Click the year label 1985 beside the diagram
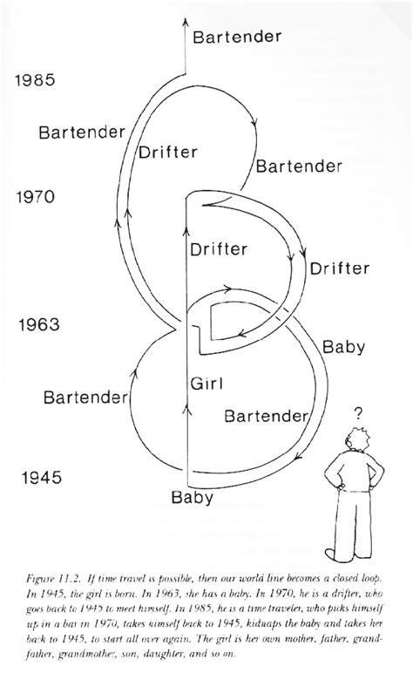tap(35, 80)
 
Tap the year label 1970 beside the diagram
tap(36, 197)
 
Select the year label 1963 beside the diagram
tap(38, 324)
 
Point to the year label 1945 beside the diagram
tap(42, 478)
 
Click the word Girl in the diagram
tap(206, 384)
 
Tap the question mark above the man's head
tap(358, 414)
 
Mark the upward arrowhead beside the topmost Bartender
tap(185, 23)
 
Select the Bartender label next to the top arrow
tap(237, 37)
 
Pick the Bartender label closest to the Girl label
tap(266, 417)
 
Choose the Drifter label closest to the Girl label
tap(219, 249)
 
